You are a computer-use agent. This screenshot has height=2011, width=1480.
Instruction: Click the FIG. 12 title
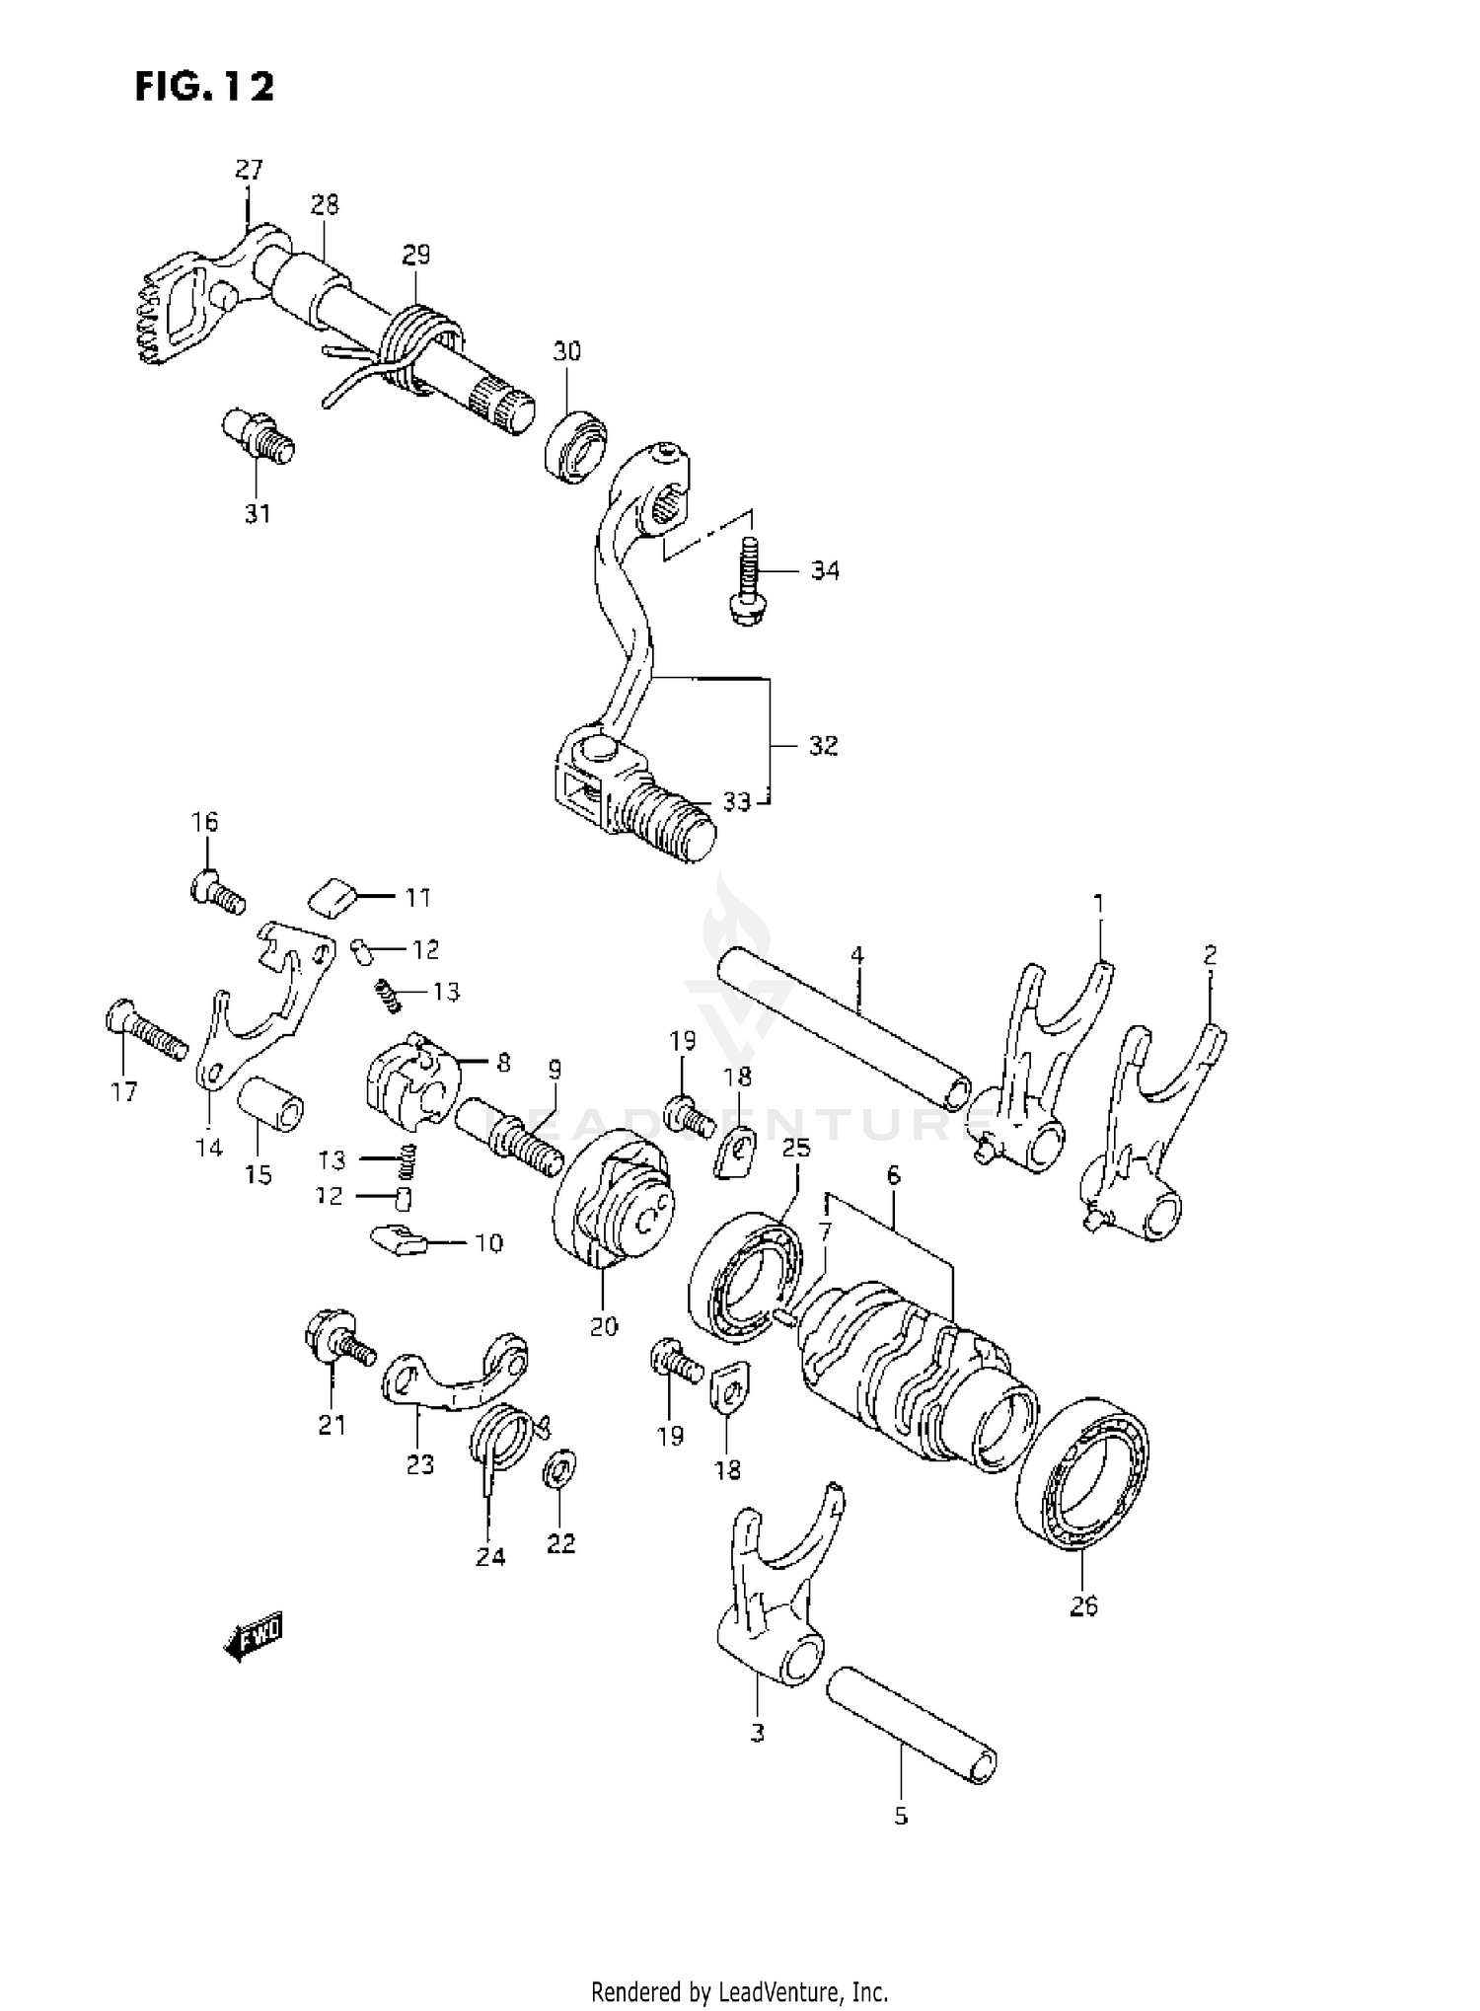click(204, 87)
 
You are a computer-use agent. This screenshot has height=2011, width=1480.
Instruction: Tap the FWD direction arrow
click(254, 1640)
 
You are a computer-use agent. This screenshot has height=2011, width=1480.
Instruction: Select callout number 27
click(249, 170)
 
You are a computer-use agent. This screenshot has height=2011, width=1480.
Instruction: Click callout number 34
click(825, 570)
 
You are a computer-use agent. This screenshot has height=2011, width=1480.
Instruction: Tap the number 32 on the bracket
click(823, 745)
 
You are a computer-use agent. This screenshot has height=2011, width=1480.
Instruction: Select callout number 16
click(205, 822)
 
